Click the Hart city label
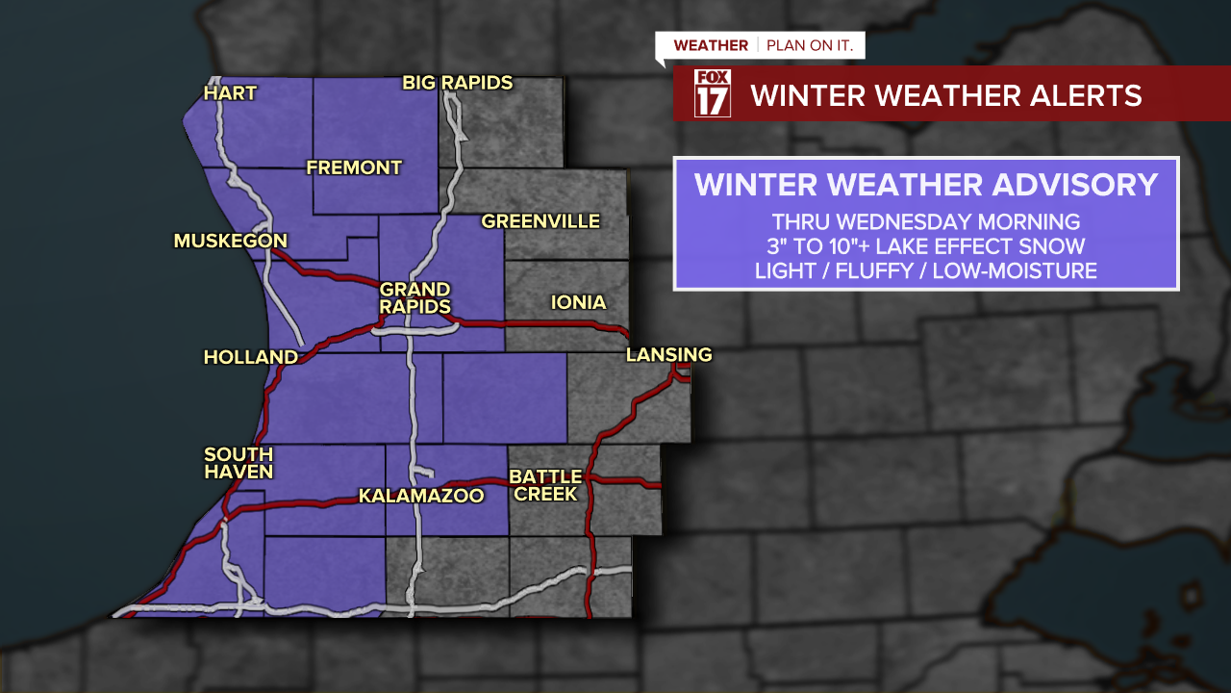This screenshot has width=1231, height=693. (x=231, y=93)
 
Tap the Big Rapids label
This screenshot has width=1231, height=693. (x=458, y=83)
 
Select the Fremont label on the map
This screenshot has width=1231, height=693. (x=354, y=167)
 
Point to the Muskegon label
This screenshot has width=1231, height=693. (x=231, y=241)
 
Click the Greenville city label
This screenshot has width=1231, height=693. (x=540, y=221)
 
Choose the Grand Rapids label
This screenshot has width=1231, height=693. (x=415, y=298)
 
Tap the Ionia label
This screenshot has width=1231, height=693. (x=578, y=302)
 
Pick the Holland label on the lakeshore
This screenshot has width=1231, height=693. (x=251, y=357)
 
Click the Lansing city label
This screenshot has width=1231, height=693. (x=669, y=355)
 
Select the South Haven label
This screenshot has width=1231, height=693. (x=239, y=463)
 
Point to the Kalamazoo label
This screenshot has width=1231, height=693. (x=421, y=496)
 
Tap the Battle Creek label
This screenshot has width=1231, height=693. (x=545, y=485)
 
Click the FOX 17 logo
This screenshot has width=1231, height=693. (x=713, y=93)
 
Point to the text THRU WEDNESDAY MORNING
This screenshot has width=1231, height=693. (x=926, y=221)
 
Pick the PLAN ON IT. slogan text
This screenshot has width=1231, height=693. (x=810, y=45)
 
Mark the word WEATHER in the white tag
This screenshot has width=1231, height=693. (x=711, y=45)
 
